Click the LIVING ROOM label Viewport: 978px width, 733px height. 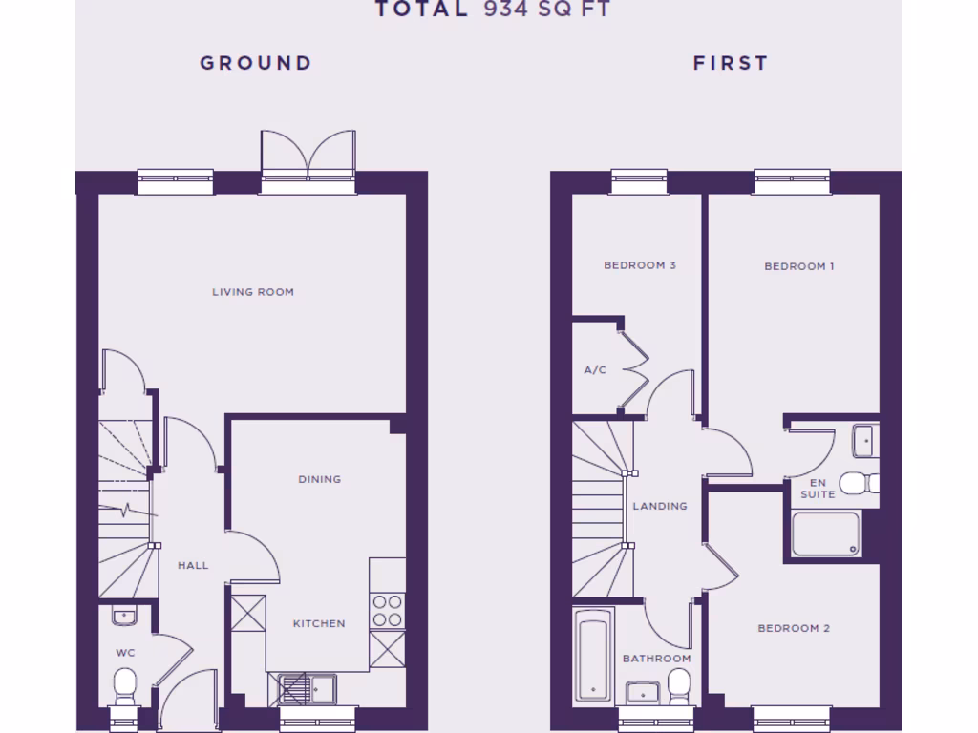click(253, 292)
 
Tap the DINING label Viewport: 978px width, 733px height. click(319, 479)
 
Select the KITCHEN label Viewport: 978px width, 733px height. click(319, 623)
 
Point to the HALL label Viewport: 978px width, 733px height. click(193, 565)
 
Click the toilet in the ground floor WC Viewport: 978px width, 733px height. click(125, 684)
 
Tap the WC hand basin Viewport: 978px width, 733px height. click(124, 617)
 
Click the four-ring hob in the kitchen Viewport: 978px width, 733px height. click(387, 611)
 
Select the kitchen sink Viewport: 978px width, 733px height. click(308, 687)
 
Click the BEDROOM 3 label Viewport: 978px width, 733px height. click(640, 265)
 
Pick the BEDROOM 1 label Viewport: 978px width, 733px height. click(799, 266)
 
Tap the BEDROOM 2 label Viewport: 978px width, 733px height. click(794, 628)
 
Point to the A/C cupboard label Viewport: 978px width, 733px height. click(595, 369)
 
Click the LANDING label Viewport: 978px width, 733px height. click(660, 506)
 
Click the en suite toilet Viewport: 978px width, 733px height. click(857, 483)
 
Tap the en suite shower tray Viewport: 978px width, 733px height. click(826, 534)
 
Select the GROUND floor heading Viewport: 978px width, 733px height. click(256, 63)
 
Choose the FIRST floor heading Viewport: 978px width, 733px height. click(731, 63)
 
